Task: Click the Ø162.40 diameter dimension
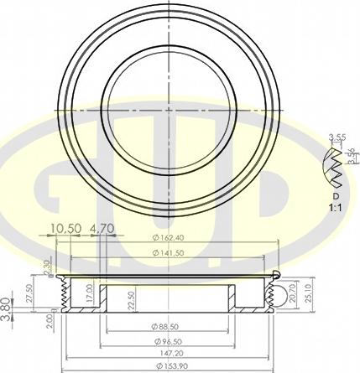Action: pos(168,237)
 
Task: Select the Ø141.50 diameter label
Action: pos(168,253)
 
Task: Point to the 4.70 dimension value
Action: pos(102,227)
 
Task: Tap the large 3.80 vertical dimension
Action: pos(8,309)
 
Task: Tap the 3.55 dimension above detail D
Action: pos(337,136)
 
